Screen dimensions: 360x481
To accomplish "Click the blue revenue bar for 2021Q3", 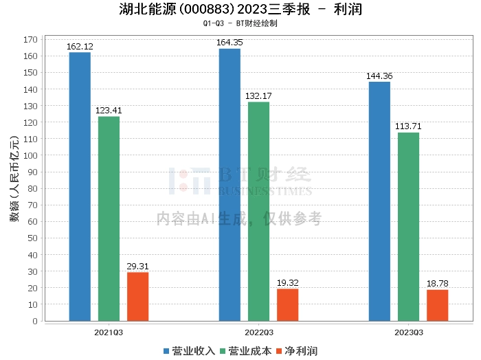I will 80,186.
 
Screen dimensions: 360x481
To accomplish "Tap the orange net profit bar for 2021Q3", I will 137,296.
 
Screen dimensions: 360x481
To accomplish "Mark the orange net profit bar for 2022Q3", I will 287,304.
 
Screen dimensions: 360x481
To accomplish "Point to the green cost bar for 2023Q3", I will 408,227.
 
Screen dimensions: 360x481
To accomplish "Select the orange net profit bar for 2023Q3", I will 437,305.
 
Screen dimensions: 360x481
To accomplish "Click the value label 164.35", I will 230,43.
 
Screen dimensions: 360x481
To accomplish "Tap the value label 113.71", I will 408,126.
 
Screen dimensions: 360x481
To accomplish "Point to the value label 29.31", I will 137,267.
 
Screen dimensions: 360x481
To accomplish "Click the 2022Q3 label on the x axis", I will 258,332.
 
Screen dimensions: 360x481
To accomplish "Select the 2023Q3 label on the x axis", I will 408,332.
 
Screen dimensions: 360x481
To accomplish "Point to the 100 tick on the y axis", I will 30,155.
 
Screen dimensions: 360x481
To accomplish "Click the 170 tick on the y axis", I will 30,39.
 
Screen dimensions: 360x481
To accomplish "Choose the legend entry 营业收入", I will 189,351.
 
